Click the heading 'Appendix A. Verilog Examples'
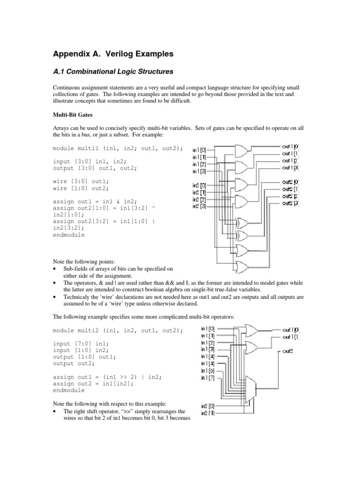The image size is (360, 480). pos(112,54)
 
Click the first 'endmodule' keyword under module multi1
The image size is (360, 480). pos(69,235)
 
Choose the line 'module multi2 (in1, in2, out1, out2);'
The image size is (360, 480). pos(118,330)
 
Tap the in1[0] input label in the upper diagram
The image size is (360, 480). pos(199,150)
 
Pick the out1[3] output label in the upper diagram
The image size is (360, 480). pos(291,168)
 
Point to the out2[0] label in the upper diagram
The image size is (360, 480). pos(291,182)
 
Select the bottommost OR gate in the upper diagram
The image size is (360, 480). pos(243,268)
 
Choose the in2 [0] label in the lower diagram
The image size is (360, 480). pos(208,406)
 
